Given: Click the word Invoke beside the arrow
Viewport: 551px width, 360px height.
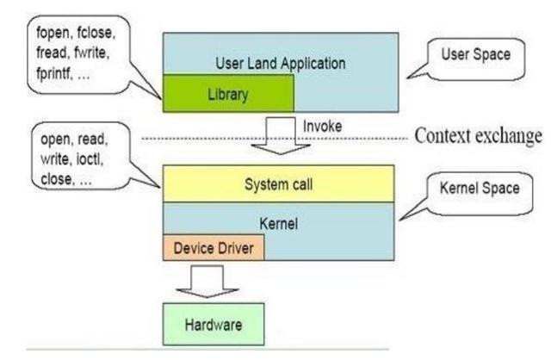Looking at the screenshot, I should tap(323, 127).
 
